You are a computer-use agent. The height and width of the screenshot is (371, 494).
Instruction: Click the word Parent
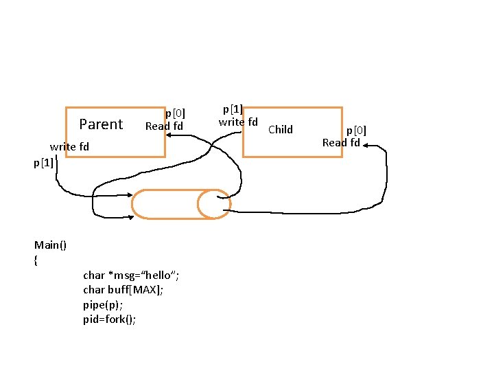click(101, 124)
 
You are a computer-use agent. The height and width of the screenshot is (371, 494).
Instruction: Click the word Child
click(280, 129)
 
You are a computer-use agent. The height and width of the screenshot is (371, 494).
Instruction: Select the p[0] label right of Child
click(356, 130)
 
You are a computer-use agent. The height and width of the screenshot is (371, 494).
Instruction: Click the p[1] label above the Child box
click(233, 109)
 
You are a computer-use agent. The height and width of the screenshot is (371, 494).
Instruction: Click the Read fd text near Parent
click(164, 126)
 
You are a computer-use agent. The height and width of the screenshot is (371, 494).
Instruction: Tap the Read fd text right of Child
click(341, 143)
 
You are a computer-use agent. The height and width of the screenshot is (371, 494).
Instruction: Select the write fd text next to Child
click(238, 122)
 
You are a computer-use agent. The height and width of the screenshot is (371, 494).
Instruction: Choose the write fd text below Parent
click(69, 147)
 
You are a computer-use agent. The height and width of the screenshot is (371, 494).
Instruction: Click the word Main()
click(50, 245)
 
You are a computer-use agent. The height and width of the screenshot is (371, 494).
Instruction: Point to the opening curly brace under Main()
click(36, 260)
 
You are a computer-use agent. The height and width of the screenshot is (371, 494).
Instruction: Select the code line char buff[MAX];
click(123, 290)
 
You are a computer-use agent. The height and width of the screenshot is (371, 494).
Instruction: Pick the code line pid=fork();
click(110, 319)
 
